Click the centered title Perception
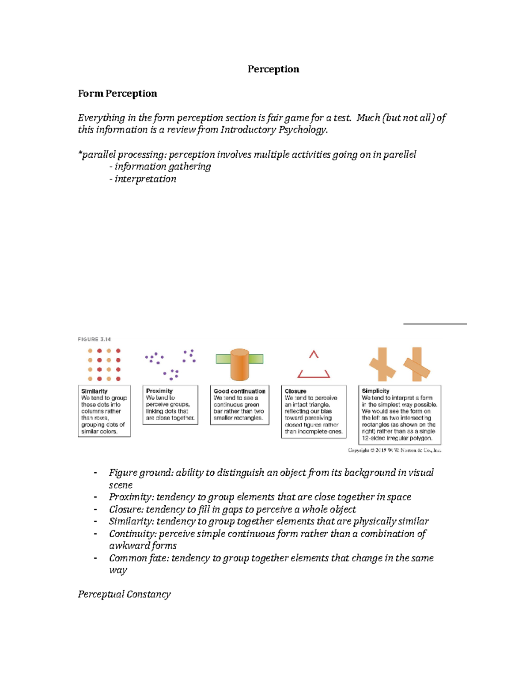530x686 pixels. click(x=273, y=69)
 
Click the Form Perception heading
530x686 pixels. click(x=117, y=93)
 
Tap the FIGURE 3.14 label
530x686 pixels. click(x=94, y=339)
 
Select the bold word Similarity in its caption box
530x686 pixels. click(x=94, y=391)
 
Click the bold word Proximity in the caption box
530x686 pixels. click(x=159, y=390)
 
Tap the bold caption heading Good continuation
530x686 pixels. click(x=239, y=391)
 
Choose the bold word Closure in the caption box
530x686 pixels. click(x=295, y=391)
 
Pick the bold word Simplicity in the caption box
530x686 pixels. click(x=375, y=390)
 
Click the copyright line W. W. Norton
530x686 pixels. click(x=394, y=450)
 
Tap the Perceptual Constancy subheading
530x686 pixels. click(x=124, y=594)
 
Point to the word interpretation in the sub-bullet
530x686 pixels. click(x=145, y=179)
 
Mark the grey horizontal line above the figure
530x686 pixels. click(x=435, y=324)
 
